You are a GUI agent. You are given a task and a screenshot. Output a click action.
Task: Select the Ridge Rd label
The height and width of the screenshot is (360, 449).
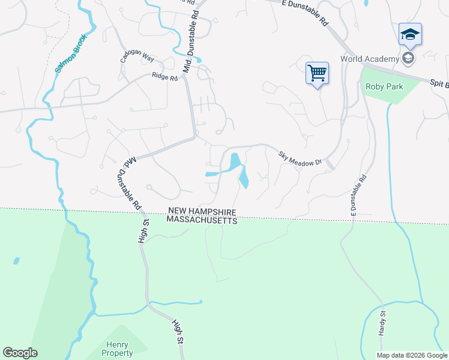pyautogui.click(x=165, y=77)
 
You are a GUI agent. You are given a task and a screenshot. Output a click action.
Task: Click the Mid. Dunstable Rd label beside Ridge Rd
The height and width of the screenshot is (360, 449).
pyautogui.click(x=190, y=54)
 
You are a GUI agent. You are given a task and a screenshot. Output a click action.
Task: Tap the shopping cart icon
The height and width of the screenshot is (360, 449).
pyautogui.click(x=317, y=74)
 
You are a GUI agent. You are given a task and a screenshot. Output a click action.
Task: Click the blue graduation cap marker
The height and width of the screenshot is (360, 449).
pyautogui.click(x=410, y=34)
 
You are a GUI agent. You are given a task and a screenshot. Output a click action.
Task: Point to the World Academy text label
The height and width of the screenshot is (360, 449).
pyautogui.click(x=370, y=59)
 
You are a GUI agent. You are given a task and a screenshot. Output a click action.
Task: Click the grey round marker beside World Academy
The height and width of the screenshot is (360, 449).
pyautogui.click(x=409, y=58)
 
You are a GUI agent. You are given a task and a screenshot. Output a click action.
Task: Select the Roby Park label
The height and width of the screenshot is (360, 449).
pyautogui.click(x=384, y=86)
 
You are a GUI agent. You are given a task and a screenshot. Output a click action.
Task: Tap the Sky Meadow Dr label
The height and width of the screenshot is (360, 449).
pyautogui.click(x=300, y=158)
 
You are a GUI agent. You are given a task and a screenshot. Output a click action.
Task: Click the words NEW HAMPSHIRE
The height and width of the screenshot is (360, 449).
pyautogui.click(x=202, y=212)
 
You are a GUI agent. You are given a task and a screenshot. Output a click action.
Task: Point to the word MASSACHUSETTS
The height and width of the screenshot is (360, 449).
pyautogui.click(x=202, y=220)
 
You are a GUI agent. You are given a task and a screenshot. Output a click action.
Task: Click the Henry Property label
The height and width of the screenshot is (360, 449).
pyautogui.click(x=118, y=349)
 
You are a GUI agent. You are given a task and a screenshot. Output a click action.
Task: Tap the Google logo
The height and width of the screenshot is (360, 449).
pyautogui.click(x=20, y=353)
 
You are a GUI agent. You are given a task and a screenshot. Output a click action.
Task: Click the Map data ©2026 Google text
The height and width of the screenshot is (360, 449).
pyautogui.click(x=412, y=355)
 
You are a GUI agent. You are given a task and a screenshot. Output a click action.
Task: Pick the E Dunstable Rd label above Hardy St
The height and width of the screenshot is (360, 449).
pyautogui.click(x=358, y=195)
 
